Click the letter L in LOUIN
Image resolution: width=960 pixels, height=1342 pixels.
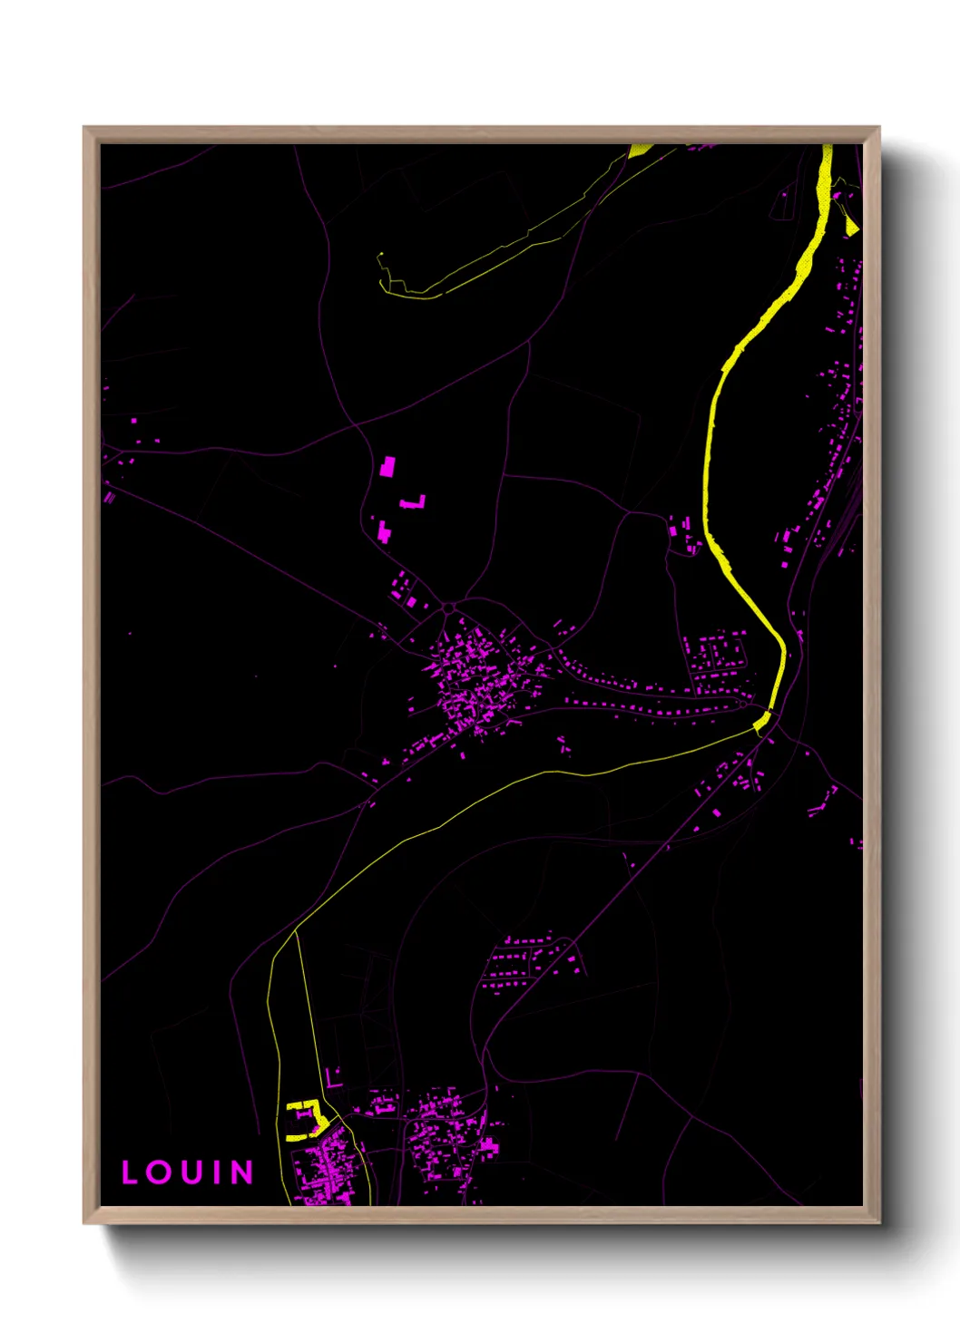130,1172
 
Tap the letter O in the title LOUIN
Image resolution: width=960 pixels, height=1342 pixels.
161,1172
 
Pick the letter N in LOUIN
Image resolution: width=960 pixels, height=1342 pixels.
240,1172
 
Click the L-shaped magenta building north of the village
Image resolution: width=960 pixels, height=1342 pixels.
414,502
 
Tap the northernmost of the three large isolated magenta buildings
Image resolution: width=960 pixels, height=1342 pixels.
387,467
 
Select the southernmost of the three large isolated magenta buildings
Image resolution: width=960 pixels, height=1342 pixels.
384,532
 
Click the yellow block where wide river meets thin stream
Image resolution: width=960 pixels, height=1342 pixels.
762,722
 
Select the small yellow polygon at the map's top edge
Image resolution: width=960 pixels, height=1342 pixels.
641,150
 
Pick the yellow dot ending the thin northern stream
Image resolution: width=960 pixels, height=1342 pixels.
382,254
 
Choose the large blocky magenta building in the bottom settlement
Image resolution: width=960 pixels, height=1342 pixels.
488,1147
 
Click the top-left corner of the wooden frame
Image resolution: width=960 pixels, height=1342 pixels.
85,128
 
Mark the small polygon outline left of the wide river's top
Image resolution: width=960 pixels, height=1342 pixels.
781,206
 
